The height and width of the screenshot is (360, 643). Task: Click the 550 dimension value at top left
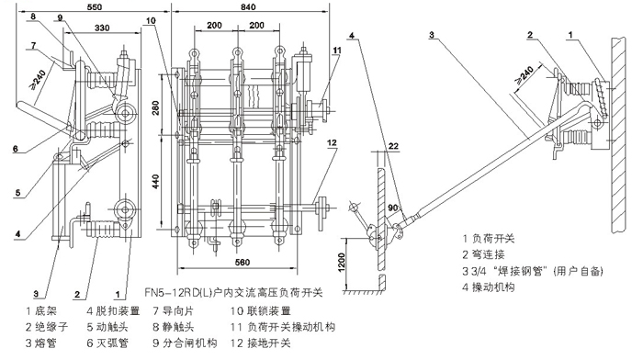[x=95, y=6]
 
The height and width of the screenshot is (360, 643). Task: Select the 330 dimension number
[x=102, y=28]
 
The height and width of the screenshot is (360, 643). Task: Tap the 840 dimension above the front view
[x=248, y=6]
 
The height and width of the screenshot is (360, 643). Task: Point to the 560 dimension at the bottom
[x=242, y=262]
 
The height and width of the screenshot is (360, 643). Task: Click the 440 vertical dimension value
[x=156, y=181]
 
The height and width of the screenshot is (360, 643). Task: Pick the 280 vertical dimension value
[x=156, y=107]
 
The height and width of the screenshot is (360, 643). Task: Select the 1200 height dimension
[x=342, y=263]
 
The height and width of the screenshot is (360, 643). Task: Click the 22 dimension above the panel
[x=393, y=146]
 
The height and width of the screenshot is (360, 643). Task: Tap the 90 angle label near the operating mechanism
[x=393, y=208]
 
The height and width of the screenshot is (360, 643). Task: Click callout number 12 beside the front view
[x=332, y=142]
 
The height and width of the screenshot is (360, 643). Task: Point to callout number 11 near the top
[x=337, y=51]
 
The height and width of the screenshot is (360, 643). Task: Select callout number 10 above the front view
[x=151, y=21]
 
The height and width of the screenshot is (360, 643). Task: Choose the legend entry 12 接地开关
[x=260, y=343]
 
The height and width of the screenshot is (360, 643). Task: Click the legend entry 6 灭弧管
[x=107, y=343]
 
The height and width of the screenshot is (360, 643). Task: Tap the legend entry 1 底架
[x=41, y=311]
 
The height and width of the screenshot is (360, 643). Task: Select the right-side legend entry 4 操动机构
[x=489, y=287]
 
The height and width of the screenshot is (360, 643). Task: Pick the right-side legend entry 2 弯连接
[x=483, y=254]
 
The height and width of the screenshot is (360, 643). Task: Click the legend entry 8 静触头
[x=173, y=327]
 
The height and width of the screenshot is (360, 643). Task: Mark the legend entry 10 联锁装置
[x=260, y=311]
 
